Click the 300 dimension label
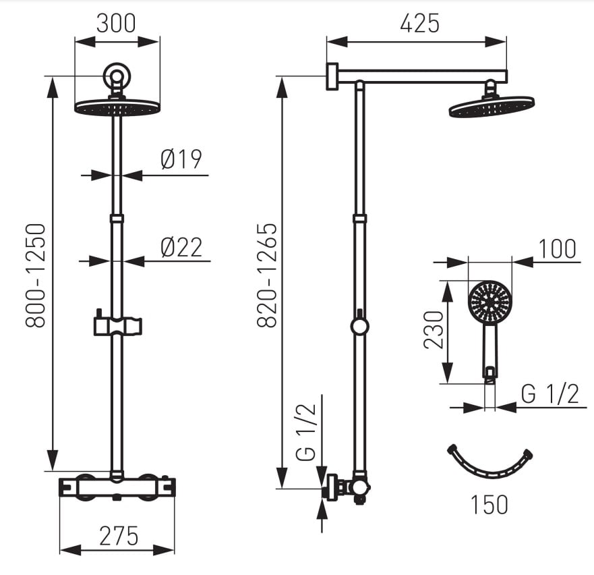(116, 23)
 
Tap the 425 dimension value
(420, 23)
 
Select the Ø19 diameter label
(181, 159)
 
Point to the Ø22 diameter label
(181, 247)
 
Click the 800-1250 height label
(36, 276)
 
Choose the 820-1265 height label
(267, 276)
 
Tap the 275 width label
(119, 536)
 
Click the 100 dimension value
(557, 249)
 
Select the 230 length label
(434, 329)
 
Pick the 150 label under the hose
(489, 505)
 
